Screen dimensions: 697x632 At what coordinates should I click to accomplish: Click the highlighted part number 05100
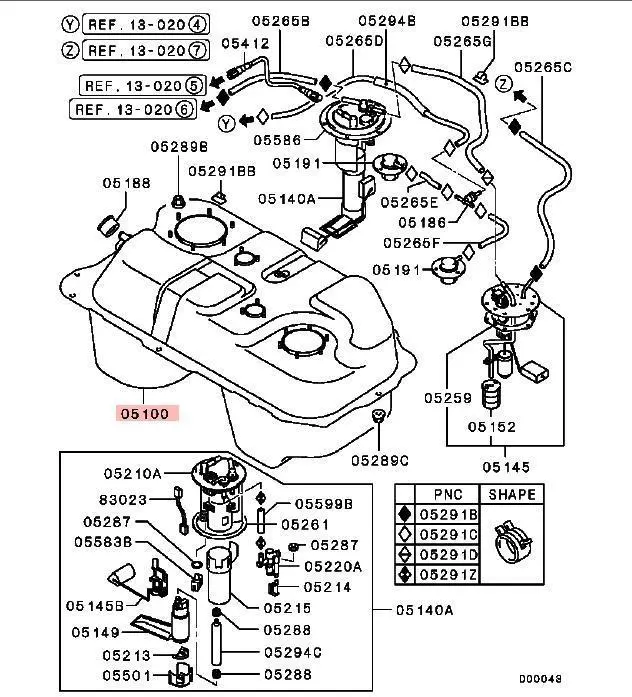click(146, 411)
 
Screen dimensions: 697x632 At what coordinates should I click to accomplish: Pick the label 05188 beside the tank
click(126, 183)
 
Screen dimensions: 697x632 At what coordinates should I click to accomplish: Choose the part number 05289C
click(380, 460)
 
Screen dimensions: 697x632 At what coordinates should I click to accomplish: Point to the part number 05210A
click(134, 471)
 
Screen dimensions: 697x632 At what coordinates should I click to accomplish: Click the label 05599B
click(322, 505)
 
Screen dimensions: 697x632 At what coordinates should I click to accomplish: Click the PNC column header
click(447, 494)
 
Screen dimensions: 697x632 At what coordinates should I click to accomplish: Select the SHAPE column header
click(512, 494)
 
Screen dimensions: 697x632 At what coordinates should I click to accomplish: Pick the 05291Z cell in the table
click(447, 574)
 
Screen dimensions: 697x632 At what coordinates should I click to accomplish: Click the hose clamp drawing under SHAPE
click(514, 539)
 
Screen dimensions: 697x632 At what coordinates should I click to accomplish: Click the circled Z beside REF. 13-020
click(69, 49)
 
